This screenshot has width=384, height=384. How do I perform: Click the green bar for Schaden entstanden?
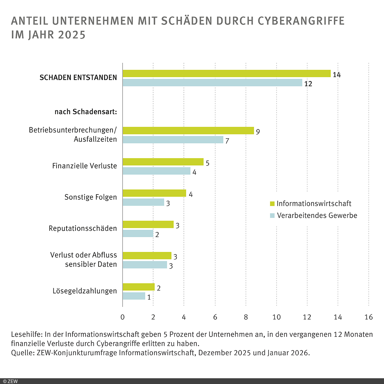(227, 74)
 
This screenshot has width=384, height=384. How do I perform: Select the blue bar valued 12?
(212, 83)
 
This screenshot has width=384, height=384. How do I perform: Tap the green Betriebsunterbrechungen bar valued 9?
(188, 131)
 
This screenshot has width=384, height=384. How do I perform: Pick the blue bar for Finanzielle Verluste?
(156, 171)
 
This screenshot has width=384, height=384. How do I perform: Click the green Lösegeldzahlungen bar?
(139, 287)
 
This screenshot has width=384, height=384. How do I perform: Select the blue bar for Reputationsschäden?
(138, 234)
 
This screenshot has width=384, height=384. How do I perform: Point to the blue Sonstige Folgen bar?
(143, 202)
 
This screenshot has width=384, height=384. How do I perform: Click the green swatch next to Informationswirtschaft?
(272, 204)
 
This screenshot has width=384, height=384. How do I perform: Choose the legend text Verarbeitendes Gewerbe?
(317, 215)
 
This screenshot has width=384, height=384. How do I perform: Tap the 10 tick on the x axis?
(276, 317)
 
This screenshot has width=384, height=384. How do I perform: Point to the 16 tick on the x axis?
(369, 317)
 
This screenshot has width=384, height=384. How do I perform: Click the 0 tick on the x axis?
(123, 317)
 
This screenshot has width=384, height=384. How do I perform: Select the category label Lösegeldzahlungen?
(85, 291)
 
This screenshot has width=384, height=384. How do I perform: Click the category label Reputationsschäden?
(83, 228)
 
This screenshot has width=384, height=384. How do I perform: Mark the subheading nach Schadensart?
(85, 112)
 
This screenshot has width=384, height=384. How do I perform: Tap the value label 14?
(337, 75)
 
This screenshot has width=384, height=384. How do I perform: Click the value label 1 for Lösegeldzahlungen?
(149, 297)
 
